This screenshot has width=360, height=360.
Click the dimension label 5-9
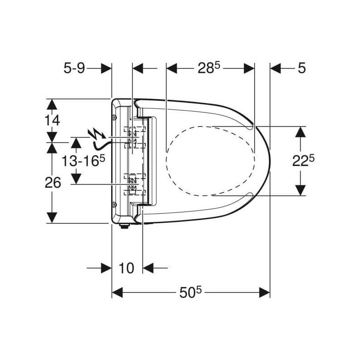[74, 68]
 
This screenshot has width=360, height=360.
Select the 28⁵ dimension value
[209, 68]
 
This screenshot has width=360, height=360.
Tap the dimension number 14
[52, 120]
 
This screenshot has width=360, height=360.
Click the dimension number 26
[53, 183]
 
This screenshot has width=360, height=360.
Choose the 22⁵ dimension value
[303, 161]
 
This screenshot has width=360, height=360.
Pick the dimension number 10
[126, 268]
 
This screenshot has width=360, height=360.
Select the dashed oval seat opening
[210, 161]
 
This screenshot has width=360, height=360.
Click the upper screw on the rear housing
[115, 117]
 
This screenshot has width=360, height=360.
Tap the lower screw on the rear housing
[114, 204]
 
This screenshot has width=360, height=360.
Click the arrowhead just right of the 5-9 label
[106, 68]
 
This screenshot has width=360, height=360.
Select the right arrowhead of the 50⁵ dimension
[265, 292]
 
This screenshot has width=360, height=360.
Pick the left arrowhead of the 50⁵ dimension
[117, 292]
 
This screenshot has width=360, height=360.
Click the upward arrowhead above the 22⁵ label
[301, 132]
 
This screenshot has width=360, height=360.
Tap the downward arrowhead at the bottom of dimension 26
[52, 217]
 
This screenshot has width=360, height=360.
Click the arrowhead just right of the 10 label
[148, 268]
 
